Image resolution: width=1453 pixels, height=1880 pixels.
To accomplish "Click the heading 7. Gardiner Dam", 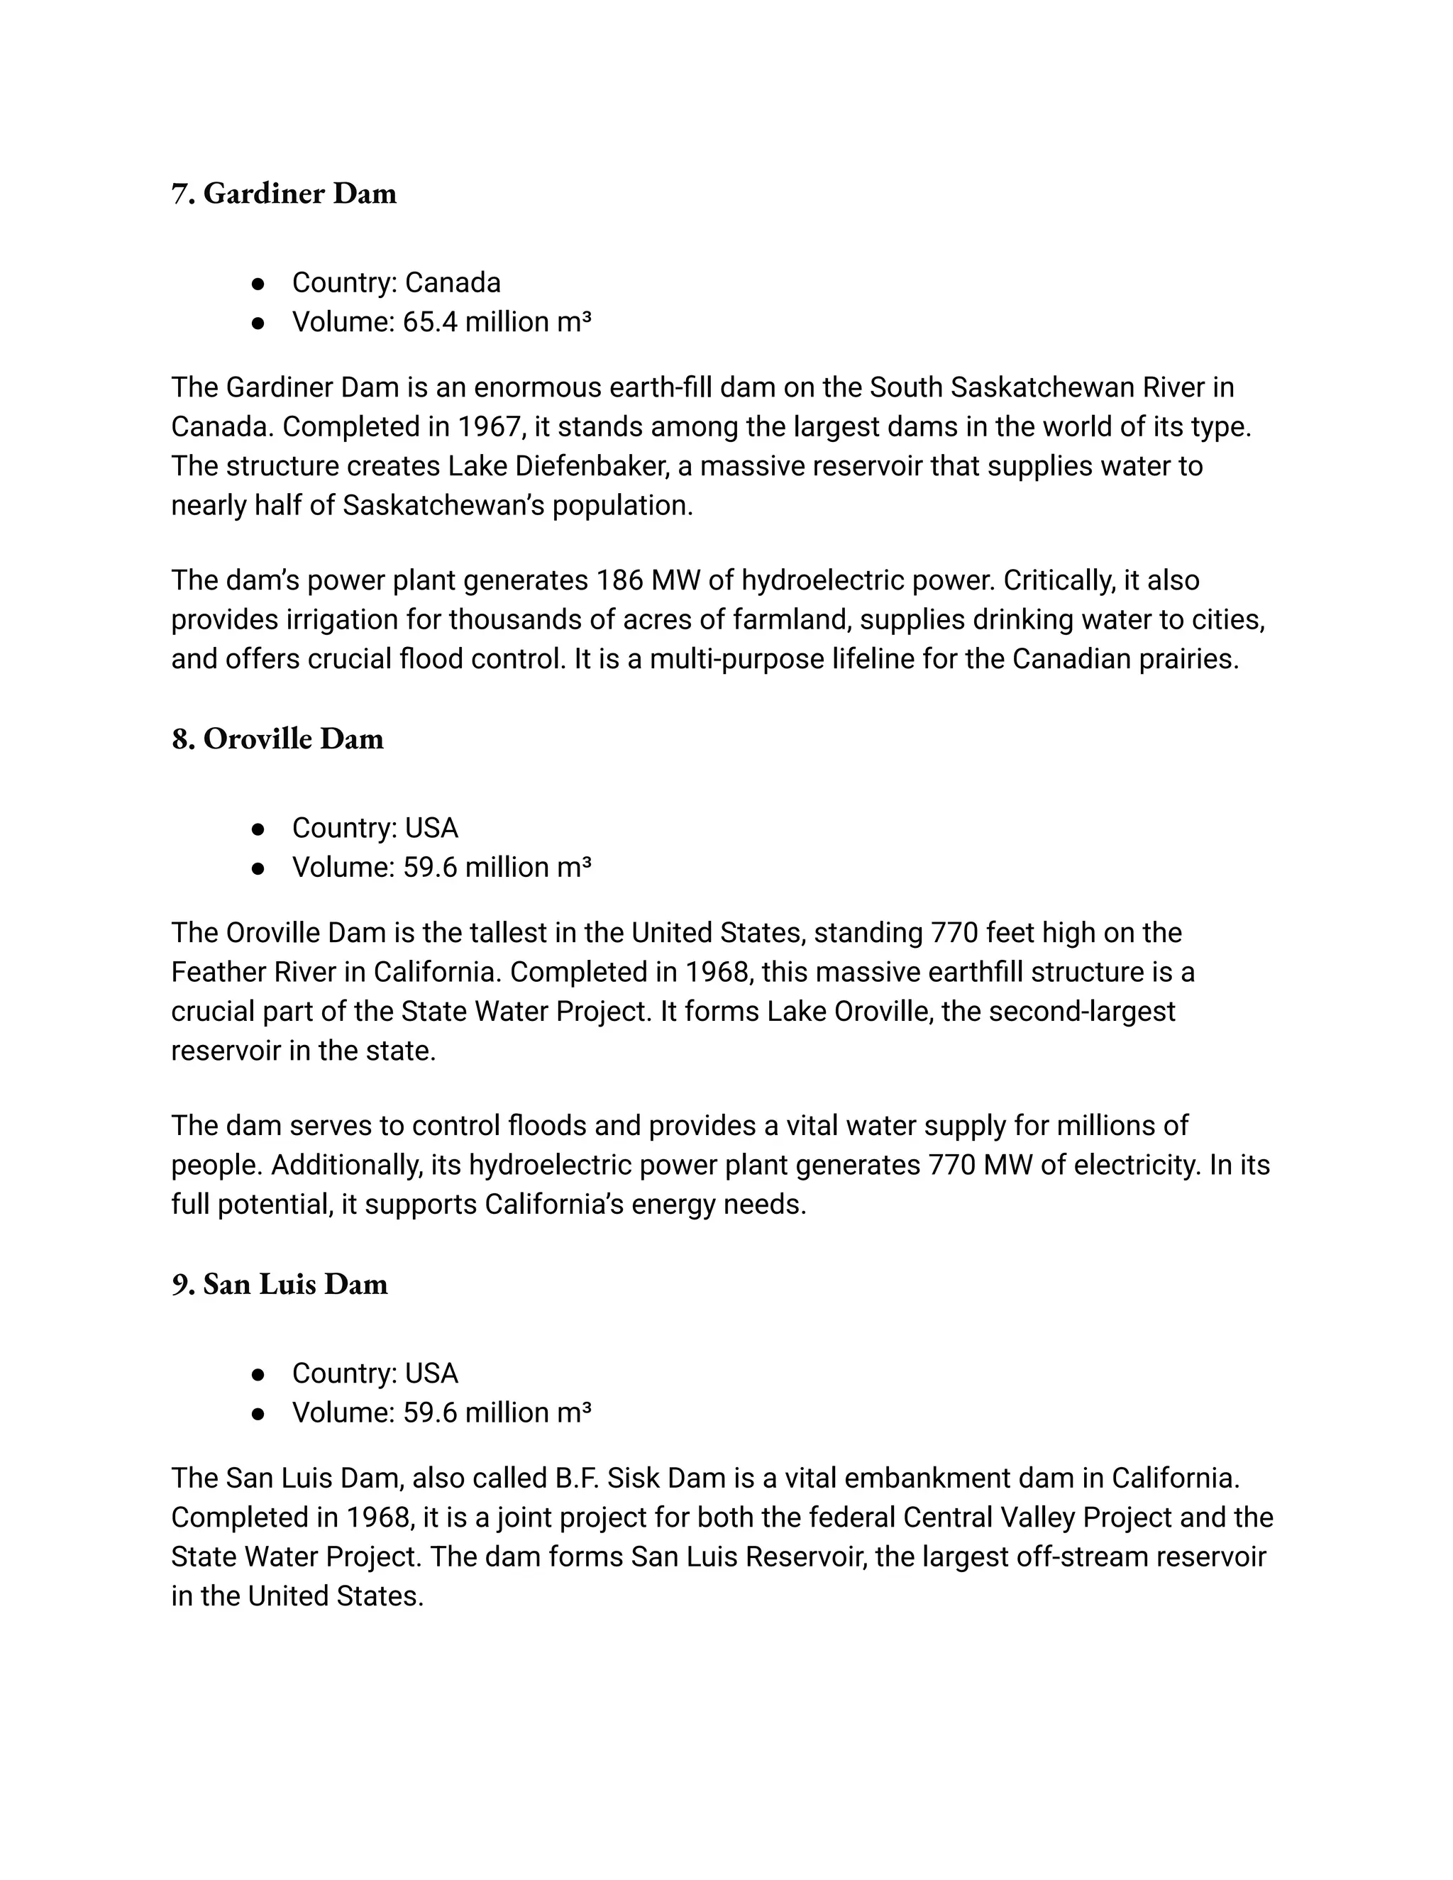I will (284, 194).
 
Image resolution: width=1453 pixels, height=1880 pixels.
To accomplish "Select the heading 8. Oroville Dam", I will (277, 739).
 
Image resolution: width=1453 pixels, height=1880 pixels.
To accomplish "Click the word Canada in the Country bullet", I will (453, 282).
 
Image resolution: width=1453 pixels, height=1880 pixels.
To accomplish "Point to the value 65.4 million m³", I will (497, 322).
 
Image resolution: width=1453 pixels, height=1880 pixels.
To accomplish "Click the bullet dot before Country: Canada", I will (258, 283).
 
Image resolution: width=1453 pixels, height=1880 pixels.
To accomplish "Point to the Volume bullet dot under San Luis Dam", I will (258, 1413).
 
